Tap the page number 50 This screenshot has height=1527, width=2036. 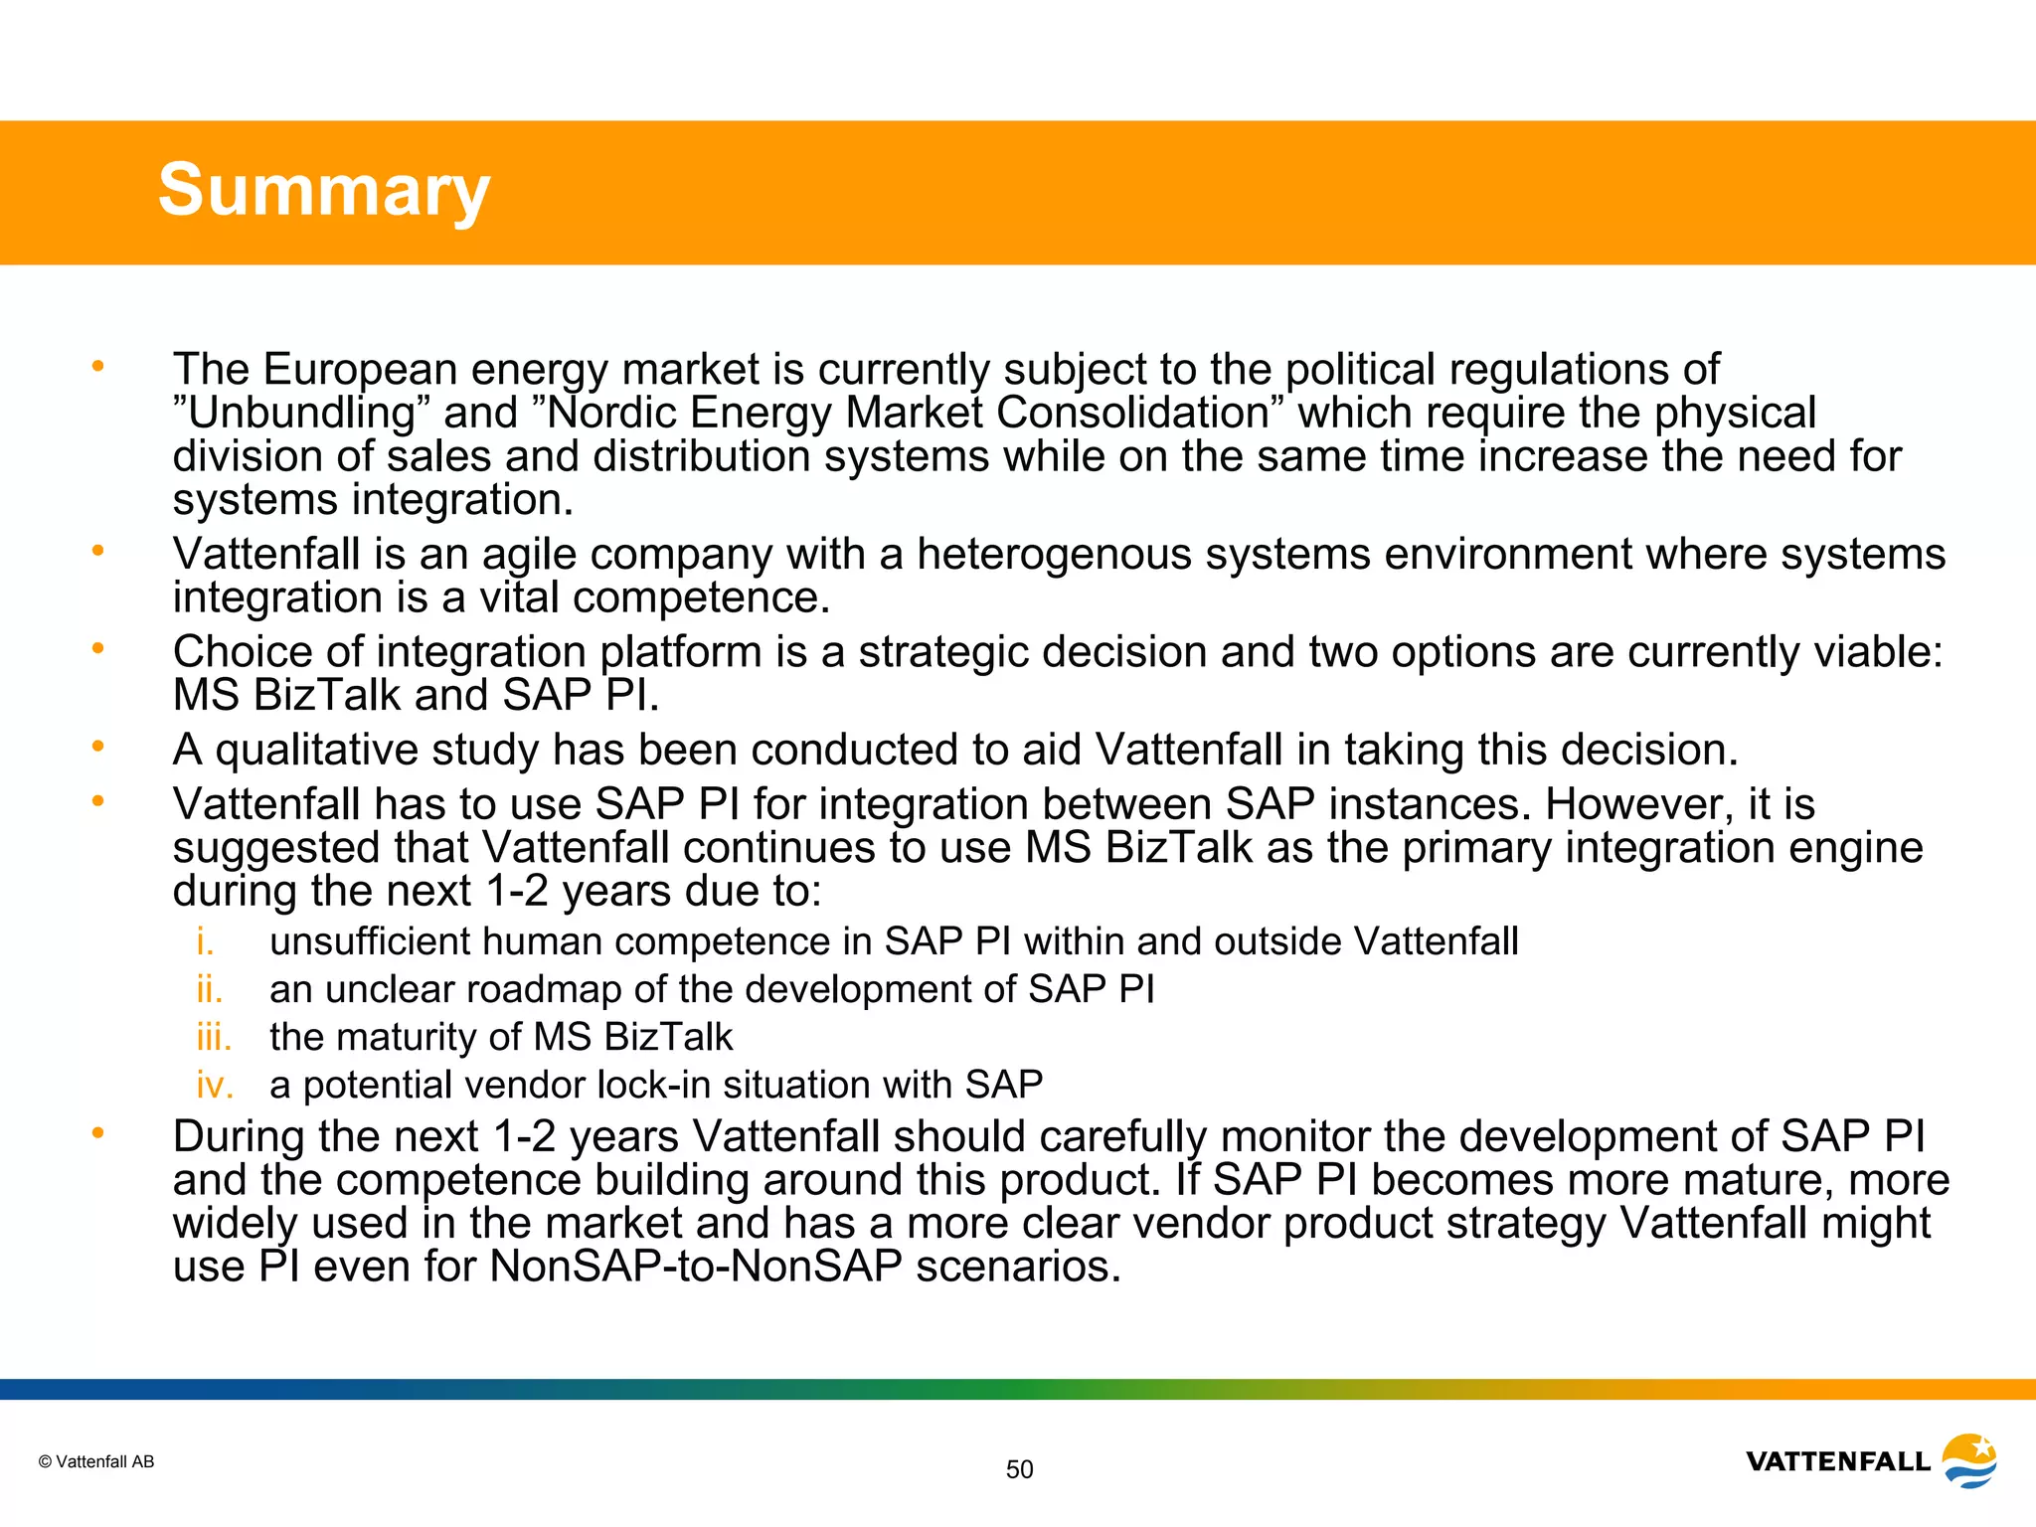pos(1019,1469)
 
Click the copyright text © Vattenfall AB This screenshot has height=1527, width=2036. pos(96,1461)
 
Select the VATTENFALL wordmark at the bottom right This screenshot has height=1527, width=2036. pos(1837,1461)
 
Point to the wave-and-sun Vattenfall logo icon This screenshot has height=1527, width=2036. pos(1969,1460)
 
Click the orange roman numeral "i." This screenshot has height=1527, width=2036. pos(205,941)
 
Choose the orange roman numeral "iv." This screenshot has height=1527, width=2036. pos(215,1085)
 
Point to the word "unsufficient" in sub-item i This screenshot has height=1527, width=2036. pos(369,941)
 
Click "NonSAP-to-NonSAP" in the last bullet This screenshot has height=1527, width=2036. pos(695,1267)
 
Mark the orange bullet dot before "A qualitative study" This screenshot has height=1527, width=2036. pos(97,746)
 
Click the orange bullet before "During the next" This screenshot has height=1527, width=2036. pos(97,1132)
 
